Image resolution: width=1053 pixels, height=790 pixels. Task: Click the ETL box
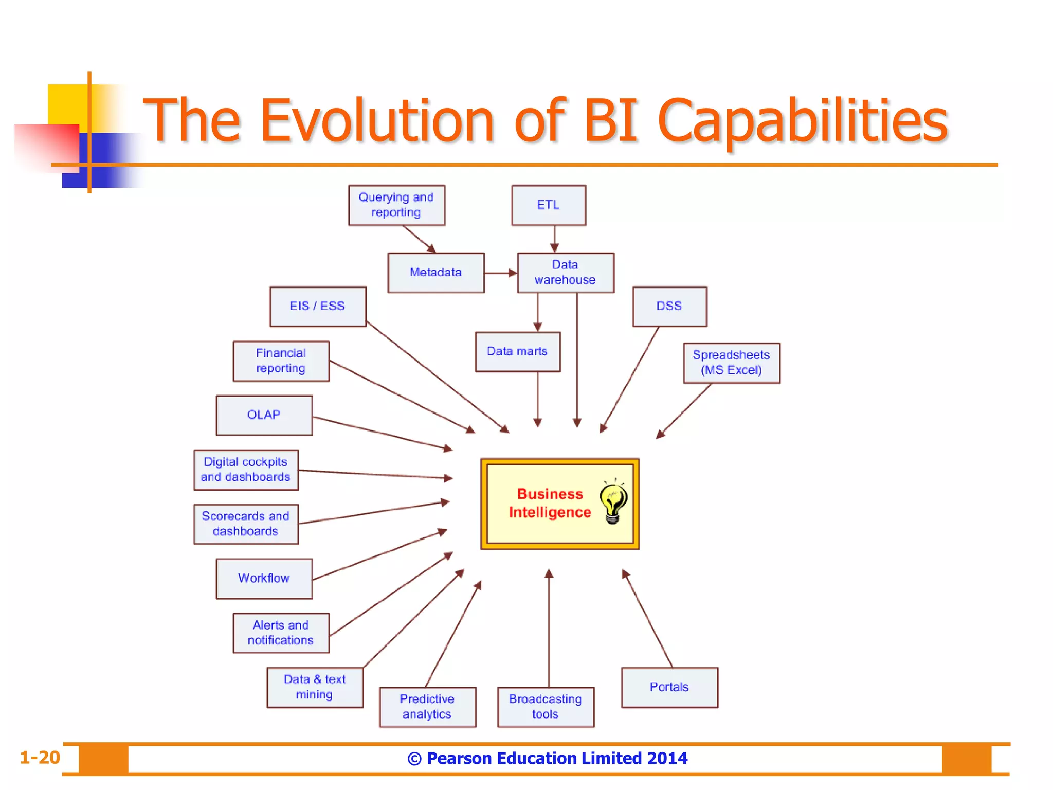click(x=548, y=205)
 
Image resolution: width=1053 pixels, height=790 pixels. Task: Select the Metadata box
click(x=435, y=273)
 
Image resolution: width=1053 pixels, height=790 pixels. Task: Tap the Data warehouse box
click(x=565, y=273)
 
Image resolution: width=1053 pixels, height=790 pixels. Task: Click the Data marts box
click(x=517, y=352)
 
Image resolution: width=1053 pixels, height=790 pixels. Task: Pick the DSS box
click(x=669, y=307)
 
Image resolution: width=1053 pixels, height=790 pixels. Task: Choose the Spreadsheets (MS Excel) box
click(x=731, y=363)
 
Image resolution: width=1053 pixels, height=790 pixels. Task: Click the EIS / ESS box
click(x=317, y=307)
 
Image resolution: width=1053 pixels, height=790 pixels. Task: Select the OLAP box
click(x=264, y=415)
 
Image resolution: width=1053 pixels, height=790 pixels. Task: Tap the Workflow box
click(x=264, y=579)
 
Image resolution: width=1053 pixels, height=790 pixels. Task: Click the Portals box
click(x=669, y=687)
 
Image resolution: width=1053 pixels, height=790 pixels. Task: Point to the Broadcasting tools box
click(x=545, y=707)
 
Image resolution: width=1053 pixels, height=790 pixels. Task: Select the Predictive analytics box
click(x=427, y=707)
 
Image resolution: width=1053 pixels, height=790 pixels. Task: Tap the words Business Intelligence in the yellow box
click(x=550, y=503)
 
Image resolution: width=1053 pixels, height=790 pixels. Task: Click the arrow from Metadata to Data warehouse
click(x=500, y=273)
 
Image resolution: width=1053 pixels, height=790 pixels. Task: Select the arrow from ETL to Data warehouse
click(x=554, y=239)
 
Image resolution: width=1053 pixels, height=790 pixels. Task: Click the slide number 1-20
click(x=40, y=758)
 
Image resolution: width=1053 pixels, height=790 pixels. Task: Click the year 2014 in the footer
click(x=667, y=758)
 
